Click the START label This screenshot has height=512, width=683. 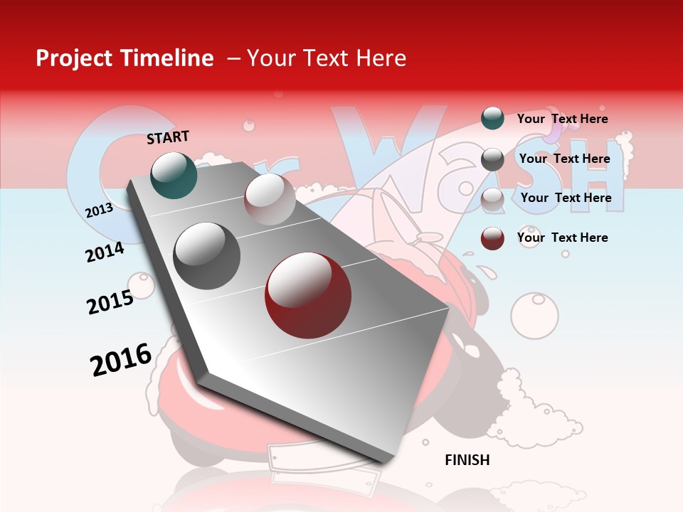coord(168,137)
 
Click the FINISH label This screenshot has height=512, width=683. coord(467,460)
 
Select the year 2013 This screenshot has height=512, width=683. coord(99,210)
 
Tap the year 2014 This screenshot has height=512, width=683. coord(105,252)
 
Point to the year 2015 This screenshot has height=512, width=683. coord(110,302)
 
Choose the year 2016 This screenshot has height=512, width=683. coord(121,359)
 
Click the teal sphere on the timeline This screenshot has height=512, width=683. coord(174,175)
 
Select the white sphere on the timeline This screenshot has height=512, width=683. coord(270,198)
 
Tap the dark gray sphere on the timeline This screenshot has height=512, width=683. coord(207,256)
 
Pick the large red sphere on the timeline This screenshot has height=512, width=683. coord(308,295)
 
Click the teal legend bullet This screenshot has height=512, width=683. coord(492,118)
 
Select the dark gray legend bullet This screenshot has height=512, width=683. coord(492,159)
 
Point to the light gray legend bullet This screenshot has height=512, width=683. coord(492,199)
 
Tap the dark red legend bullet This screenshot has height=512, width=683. coord(492,238)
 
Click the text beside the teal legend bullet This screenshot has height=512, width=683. coord(562,119)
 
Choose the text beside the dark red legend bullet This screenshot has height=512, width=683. coord(562,238)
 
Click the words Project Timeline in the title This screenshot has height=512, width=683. coord(125,58)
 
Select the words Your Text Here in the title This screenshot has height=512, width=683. coord(326,58)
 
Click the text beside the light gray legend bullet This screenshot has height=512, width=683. coord(566,198)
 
